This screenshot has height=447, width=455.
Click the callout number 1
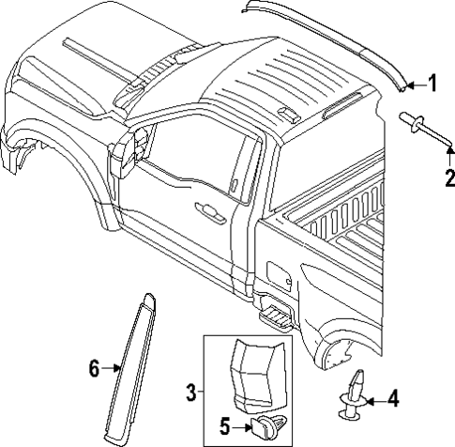pyautogui.click(x=432, y=85)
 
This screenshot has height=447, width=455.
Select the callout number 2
pyautogui.click(x=448, y=177)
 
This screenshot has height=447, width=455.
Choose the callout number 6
pyautogui.click(x=94, y=369)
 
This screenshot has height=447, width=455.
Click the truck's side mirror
pyautogui.click(x=133, y=149)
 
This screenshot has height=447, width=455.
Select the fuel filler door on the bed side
pyautogui.click(x=279, y=273)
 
